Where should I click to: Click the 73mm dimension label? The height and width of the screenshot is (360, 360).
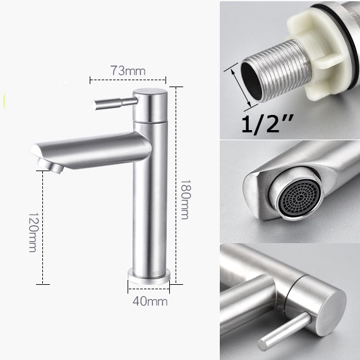point(128,71)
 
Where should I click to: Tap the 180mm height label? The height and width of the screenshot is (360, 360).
point(185,200)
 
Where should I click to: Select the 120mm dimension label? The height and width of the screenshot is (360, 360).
point(33,232)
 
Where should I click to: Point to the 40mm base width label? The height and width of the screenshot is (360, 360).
point(150,301)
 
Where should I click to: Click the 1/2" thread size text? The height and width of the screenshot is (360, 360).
point(268,124)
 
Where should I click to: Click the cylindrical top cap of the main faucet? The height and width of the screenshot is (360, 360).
point(150,105)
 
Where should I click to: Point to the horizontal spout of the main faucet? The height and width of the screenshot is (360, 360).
point(91,150)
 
